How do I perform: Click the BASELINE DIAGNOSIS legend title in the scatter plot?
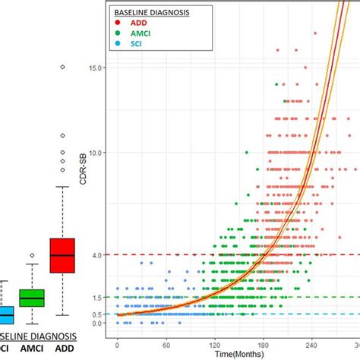[x=151, y=13]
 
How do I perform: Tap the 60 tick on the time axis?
[x=166, y=344]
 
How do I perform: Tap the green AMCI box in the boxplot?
[x=31, y=298]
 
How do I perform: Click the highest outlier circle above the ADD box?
[x=62, y=68]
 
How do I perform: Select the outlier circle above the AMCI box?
[x=31, y=255]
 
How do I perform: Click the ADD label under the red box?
[x=62, y=350]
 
